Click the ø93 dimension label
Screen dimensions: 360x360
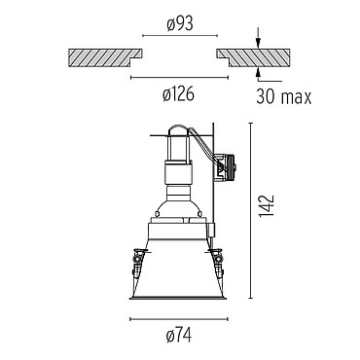tap(180, 24)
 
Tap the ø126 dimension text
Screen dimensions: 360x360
tap(179, 94)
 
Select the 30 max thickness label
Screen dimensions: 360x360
tap(284, 96)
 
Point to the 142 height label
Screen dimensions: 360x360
tap(268, 206)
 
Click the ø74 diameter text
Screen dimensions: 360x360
tap(179, 336)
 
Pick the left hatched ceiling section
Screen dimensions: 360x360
tap(104, 57)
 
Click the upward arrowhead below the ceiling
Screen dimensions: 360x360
tap(258, 72)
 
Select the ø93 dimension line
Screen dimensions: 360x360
tap(180, 35)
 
